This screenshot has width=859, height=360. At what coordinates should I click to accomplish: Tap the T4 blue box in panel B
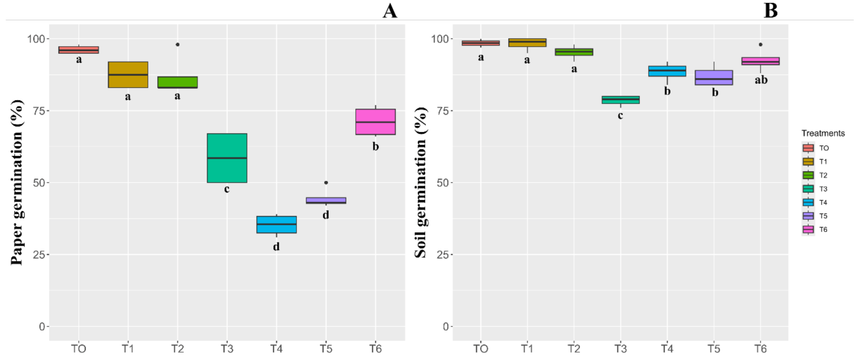(667, 71)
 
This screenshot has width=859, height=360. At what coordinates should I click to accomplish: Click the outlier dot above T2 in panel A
(177, 45)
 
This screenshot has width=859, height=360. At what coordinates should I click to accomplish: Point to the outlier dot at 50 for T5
(326, 183)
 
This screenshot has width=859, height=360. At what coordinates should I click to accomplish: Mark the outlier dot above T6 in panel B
(760, 45)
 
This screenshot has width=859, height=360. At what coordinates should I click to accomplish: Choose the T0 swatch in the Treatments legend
(808, 148)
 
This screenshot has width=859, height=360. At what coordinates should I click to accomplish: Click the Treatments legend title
(823, 133)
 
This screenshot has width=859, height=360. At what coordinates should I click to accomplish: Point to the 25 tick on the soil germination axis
(442, 255)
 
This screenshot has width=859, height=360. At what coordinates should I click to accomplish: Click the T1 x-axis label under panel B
(527, 349)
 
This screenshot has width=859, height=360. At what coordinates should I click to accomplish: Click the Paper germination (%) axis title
(17, 182)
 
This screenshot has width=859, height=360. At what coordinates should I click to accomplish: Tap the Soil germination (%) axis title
(420, 182)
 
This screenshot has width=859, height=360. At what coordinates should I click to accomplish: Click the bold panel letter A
(390, 11)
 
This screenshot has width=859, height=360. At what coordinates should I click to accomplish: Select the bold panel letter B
(770, 11)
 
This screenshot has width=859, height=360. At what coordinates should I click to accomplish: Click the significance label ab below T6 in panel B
(761, 80)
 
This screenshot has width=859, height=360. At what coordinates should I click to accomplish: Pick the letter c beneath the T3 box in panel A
(227, 189)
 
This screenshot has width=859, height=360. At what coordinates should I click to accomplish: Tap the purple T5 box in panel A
(326, 201)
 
